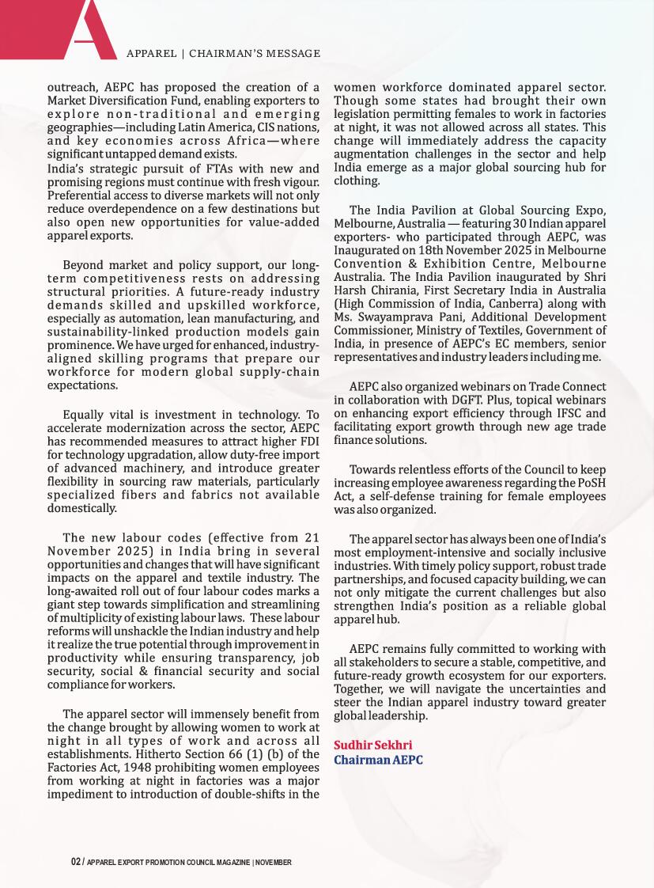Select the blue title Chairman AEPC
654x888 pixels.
tap(378, 760)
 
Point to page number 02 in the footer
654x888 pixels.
tap(75, 862)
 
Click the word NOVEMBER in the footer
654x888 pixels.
tap(274, 862)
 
